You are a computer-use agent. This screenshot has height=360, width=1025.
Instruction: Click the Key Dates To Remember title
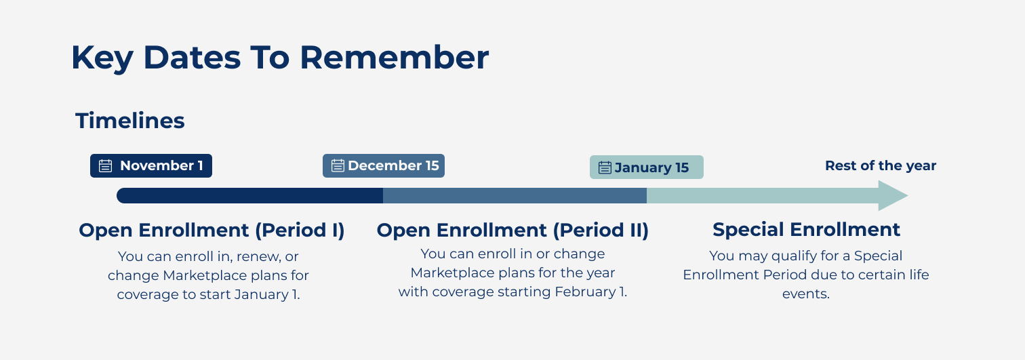tap(280, 58)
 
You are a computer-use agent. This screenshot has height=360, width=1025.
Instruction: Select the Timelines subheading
tap(130, 121)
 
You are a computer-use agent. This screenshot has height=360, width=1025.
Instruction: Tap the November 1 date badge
tap(151, 165)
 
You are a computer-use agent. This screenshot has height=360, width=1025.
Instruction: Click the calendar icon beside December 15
tap(338, 165)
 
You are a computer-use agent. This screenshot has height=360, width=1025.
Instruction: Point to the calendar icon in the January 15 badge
tap(605, 168)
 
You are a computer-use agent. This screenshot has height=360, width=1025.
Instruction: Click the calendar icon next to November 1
tap(105, 165)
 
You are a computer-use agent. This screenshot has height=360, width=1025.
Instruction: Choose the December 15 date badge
tap(384, 165)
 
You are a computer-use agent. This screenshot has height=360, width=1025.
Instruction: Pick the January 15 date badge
tap(647, 167)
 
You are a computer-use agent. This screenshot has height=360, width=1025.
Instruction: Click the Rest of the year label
tap(881, 165)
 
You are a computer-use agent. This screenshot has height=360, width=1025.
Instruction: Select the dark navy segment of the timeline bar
tap(250, 196)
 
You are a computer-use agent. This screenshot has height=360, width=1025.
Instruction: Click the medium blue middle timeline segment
tap(515, 196)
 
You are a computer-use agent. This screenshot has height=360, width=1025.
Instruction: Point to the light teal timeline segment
tap(763, 196)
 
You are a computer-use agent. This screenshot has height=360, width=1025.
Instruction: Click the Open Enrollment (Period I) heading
tap(212, 230)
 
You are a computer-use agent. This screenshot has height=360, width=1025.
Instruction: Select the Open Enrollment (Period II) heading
tap(512, 230)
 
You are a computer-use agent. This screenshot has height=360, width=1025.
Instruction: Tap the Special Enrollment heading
tap(806, 230)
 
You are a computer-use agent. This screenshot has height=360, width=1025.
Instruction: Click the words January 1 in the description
tap(267, 294)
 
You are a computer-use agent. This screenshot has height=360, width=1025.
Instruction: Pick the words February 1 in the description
tap(590, 292)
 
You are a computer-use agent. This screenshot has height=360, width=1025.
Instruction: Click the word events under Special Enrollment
tap(806, 294)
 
